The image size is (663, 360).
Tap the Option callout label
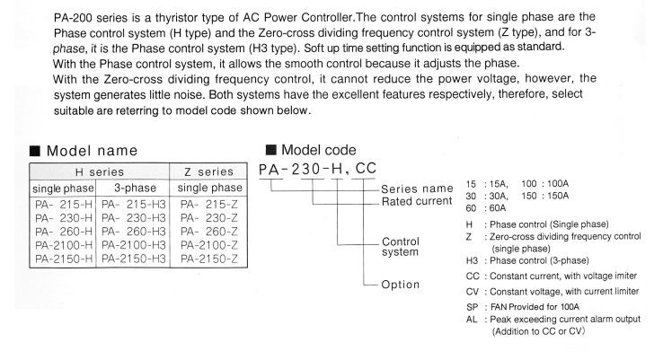[x=402, y=284]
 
